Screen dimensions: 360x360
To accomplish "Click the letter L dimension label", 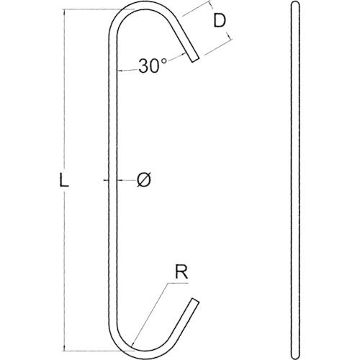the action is [x=64, y=180].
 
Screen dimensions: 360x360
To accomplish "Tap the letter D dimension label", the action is [x=220, y=21].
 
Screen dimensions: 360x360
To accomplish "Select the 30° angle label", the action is [x=153, y=66].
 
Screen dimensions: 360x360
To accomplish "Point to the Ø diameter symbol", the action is [x=144, y=180].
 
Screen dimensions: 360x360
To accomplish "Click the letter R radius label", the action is [x=181, y=273].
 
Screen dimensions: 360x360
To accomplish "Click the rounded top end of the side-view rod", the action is [x=295, y=3].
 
